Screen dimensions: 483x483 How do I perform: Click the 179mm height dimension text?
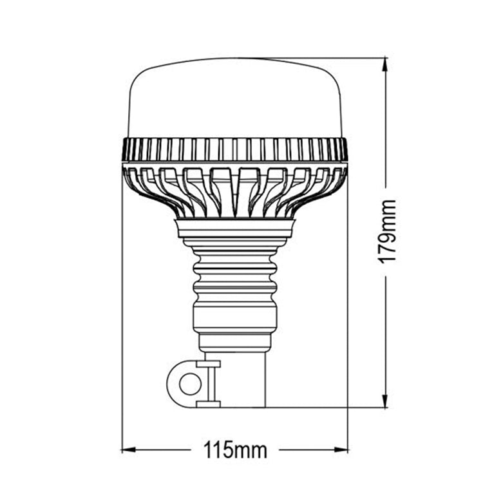(386, 232)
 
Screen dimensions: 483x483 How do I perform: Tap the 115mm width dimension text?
(235, 449)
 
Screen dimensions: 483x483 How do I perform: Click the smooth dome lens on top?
(234, 100)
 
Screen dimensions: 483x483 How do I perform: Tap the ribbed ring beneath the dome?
(234, 149)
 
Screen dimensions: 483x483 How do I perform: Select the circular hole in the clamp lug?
(189, 384)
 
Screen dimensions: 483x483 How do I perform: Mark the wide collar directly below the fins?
(234, 227)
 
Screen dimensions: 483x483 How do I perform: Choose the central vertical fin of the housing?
(234, 193)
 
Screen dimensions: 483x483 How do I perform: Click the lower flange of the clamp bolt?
(208, 404)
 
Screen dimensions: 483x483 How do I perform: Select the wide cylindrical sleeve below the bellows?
(234, 316)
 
